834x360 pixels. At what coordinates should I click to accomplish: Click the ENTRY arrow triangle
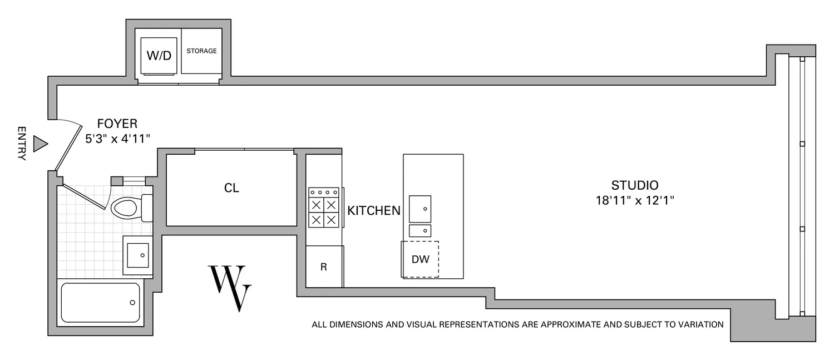coord(40,144)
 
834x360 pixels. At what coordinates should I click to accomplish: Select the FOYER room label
coord(117,124)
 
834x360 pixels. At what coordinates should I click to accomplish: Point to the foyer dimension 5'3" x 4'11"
coord(118,139)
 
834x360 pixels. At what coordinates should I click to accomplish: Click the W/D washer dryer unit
coord(159,56)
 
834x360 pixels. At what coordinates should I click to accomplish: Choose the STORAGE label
coord(201,51)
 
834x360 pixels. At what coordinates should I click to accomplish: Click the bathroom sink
coord(137,255)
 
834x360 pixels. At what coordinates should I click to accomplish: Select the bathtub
coord(101,303)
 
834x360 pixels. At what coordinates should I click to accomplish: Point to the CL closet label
coord(231,188)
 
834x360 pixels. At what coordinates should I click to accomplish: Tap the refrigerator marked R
coord(323,267)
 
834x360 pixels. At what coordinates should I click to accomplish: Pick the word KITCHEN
coord(374,210)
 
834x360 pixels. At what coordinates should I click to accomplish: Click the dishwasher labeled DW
coord(420,259)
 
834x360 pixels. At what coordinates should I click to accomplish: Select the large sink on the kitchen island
coord(420,209)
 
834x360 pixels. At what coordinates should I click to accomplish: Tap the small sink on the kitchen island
coord(420,230)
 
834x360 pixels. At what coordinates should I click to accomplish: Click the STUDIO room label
coord(635,185)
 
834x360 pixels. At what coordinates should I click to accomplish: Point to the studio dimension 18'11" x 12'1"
coord(635,200)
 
